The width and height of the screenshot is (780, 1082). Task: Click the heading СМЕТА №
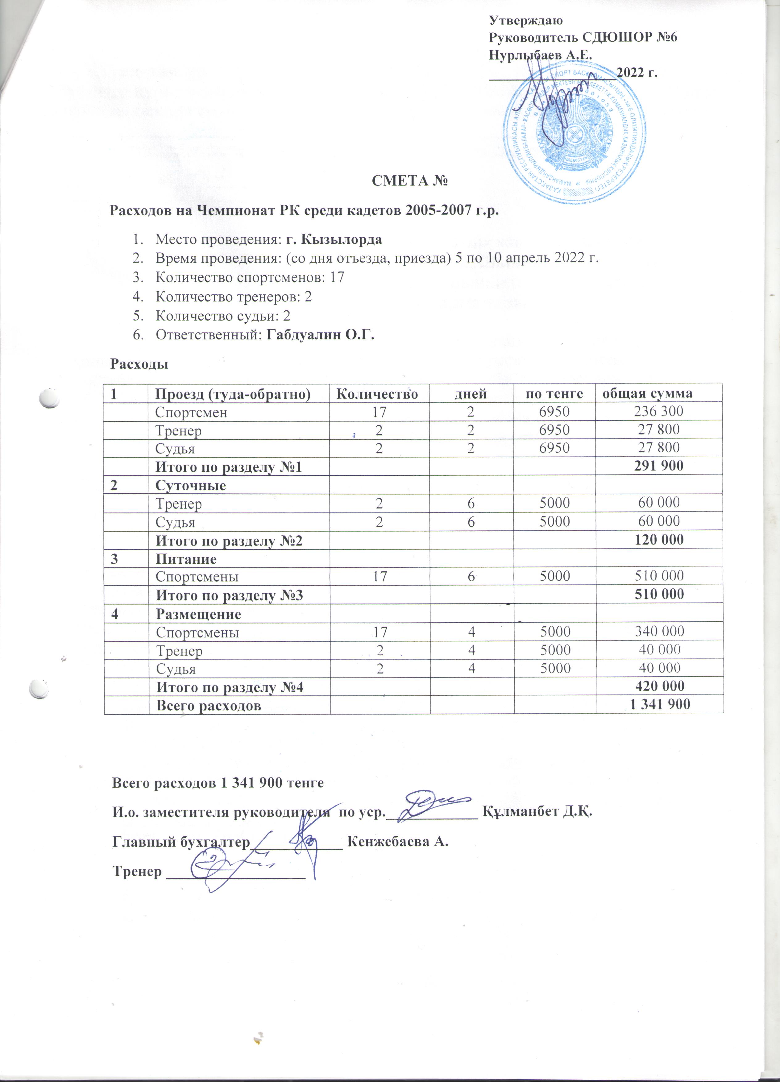(x=410, y=182)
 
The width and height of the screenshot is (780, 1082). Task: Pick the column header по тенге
(x=554, y=394)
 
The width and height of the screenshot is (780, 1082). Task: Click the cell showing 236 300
(x=659, y=411)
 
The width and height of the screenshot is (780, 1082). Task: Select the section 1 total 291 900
(x=658, y=466)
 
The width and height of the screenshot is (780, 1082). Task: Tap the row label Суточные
(x=191, y=486)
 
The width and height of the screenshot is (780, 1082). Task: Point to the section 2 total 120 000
(x=658, y=540)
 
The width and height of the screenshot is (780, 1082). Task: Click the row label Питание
(x=186, y=559)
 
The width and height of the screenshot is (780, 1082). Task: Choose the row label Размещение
(x=198, y=614)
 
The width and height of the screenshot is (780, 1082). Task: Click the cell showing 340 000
(x=659, y=632)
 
